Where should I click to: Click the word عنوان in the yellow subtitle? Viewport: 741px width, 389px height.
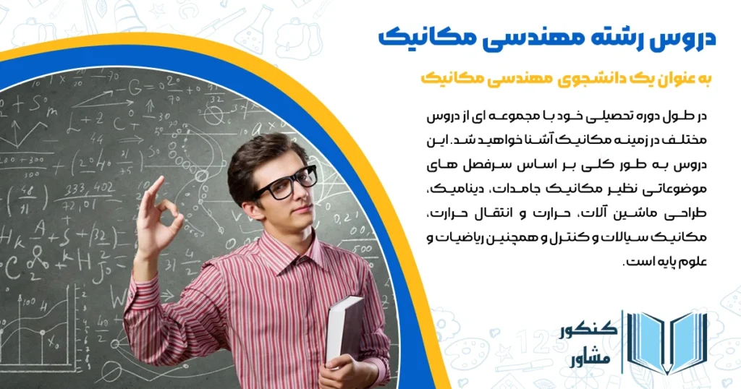coord(664,78)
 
